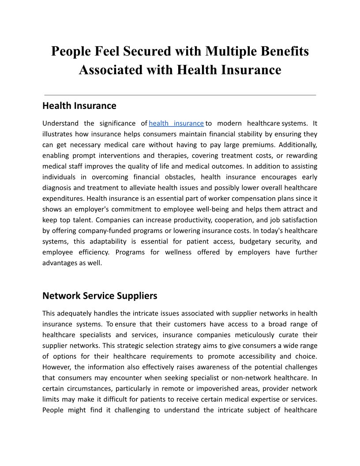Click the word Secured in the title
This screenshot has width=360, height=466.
coord(144,51)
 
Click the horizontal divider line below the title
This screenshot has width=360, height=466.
coord(180,95)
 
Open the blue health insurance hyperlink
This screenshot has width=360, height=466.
coord(176,123)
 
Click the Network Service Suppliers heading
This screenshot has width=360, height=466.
coord(100,295)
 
